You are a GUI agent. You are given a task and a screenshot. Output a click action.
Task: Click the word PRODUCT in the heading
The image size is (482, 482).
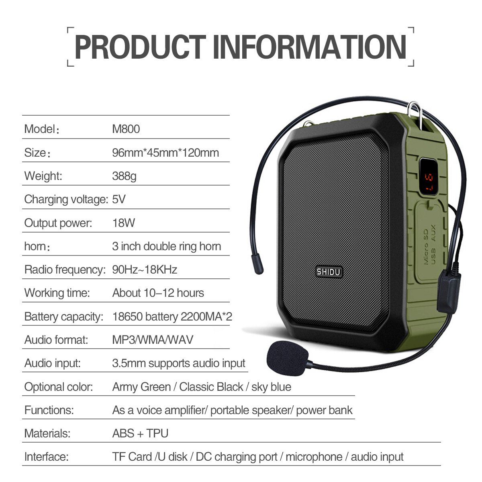click(140, 47)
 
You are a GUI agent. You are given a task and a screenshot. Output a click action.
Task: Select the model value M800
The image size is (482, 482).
click(126, 129)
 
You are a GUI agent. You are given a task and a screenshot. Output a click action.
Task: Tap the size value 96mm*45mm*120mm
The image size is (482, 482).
click(165, 153)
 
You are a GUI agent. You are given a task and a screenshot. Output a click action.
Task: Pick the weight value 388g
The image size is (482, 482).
click(124, 176)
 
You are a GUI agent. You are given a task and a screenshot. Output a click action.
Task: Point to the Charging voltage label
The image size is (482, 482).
click(66, 199)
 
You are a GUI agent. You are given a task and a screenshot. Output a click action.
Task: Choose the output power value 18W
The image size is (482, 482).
click(124, 223)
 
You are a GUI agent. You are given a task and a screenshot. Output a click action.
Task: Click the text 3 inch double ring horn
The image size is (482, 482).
click(166, 246)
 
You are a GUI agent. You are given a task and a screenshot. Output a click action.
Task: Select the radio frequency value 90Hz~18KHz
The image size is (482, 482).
click(145, 270)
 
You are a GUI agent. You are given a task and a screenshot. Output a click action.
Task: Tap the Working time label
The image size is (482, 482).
click(57, 293)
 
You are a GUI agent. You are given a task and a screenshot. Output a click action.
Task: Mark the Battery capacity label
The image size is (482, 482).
click(64, 317)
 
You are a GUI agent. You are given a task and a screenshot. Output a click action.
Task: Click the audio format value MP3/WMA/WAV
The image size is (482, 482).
click(153, 340)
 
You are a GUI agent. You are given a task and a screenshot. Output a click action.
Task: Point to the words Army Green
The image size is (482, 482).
click(141, 387)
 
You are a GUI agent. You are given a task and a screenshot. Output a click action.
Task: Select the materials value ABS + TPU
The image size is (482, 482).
click(140, 433)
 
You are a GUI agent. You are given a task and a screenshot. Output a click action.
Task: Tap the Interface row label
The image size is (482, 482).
click(46, 457)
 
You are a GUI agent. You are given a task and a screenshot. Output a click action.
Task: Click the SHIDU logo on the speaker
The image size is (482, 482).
click(329, 272)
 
